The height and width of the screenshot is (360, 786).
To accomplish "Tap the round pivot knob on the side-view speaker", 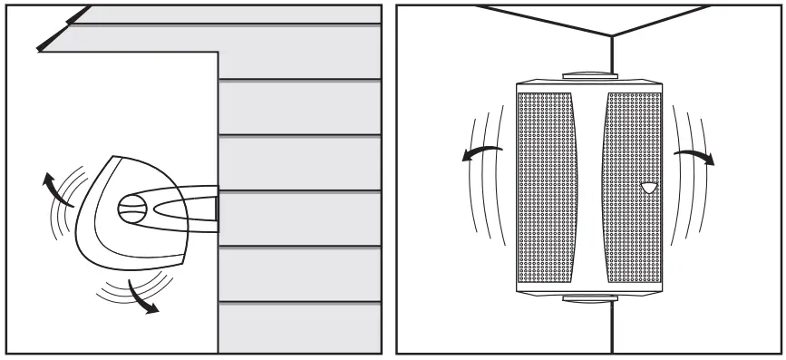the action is click(x=131, y=208).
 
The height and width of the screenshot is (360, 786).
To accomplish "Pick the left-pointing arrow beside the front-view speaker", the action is click(x=480, y=151).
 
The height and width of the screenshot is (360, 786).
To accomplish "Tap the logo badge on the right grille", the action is click(x=647, y=189).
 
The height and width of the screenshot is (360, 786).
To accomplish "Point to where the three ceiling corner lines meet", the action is click(x=613, y=35).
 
